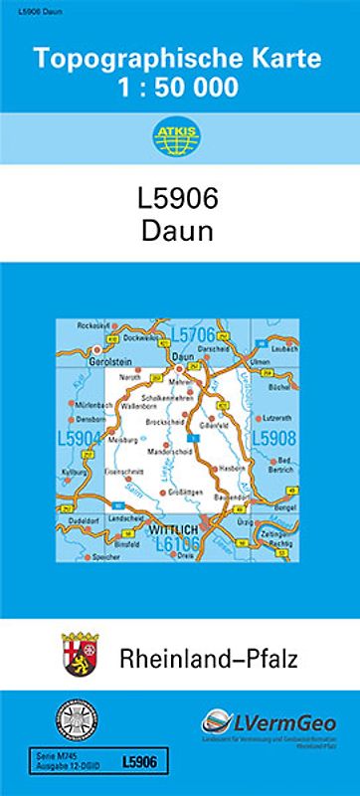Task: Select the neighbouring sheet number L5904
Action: click(x=77, y=439)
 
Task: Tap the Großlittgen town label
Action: click(x=186, y=493)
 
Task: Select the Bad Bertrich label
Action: click(x=283, y=465)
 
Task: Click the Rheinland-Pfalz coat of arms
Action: click(x=80, y=655)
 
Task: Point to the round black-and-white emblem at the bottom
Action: click(x=77, y=721)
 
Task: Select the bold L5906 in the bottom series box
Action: click(x=135, y=761)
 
